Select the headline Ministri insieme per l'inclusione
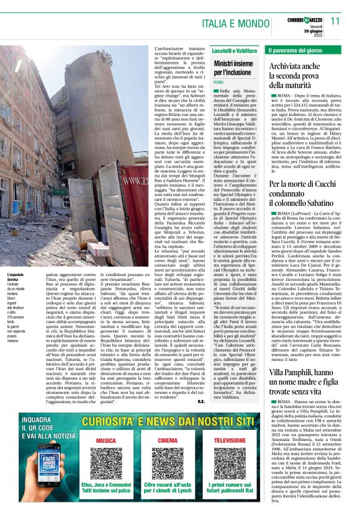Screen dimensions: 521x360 click(233, 68)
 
